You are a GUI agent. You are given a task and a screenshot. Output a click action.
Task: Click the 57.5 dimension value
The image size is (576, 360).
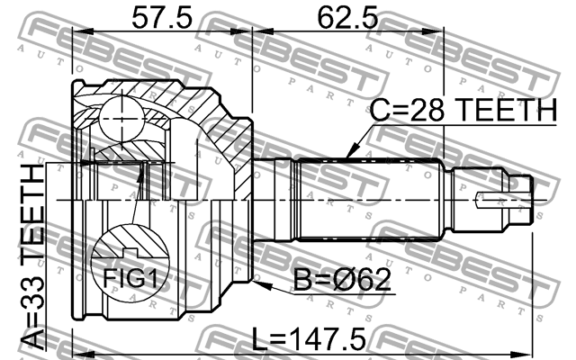pos(163,17)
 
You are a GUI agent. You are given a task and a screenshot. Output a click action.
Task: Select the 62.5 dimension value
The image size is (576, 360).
pos(347,17)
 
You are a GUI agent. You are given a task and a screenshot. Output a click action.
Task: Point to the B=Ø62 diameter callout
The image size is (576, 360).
pos(342,281)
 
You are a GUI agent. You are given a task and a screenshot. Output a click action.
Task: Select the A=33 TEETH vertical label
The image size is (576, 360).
pos(31,256)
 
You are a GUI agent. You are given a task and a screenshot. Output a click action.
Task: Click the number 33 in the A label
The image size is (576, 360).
pos(31,304)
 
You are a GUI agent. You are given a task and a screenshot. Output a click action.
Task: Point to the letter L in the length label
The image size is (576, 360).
pos(262,340)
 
